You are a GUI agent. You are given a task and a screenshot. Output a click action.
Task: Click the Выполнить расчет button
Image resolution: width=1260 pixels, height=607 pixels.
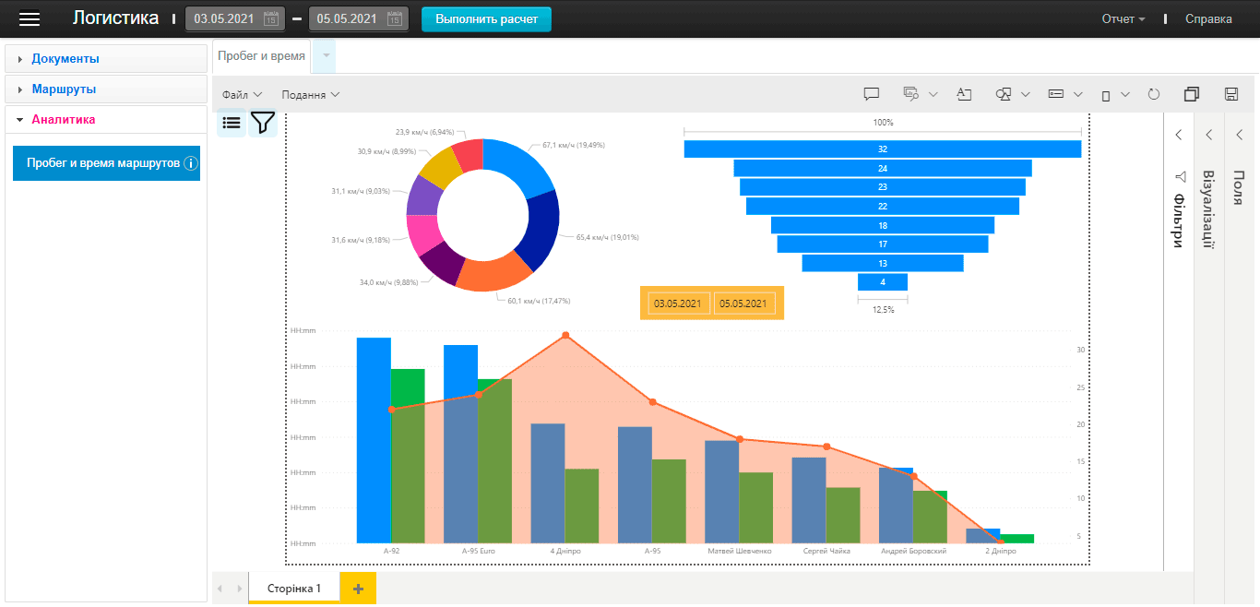(486, 19)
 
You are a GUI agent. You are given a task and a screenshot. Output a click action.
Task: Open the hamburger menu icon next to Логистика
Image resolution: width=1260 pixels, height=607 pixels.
(30, 19)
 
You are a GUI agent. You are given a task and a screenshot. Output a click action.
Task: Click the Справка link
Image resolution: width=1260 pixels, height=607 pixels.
(1208, 19)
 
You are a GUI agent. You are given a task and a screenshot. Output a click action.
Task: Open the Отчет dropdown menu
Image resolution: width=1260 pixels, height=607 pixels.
(1123, 19)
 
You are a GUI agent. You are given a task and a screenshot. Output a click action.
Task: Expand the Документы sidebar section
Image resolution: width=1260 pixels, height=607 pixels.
(65, 59)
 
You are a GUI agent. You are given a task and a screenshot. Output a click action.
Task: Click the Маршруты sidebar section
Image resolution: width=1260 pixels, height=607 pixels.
(64, 89)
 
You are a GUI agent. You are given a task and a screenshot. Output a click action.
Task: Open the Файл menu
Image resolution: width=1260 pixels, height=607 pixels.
(242, 95)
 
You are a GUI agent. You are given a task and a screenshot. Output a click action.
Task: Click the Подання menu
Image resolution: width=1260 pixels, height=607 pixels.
(310, 95)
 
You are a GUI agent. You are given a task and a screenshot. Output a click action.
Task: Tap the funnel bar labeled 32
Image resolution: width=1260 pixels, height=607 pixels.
(882, 149)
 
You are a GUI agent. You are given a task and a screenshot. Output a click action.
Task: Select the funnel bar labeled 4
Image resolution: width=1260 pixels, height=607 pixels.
(882, 282)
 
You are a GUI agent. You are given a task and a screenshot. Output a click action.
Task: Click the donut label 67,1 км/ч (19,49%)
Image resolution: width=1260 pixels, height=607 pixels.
(573, 145)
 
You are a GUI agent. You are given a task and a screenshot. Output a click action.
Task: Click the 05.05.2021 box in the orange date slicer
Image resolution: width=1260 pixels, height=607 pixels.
(743, 303)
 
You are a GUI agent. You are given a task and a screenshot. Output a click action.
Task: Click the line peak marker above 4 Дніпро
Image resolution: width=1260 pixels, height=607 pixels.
(565, 336)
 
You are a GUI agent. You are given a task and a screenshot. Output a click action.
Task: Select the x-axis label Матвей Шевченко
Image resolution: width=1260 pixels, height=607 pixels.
(739, 551)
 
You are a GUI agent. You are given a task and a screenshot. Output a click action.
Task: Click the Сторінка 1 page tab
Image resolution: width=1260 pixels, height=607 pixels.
(293, 589)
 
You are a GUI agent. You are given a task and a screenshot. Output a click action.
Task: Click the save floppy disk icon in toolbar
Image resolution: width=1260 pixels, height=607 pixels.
(1230, 94)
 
